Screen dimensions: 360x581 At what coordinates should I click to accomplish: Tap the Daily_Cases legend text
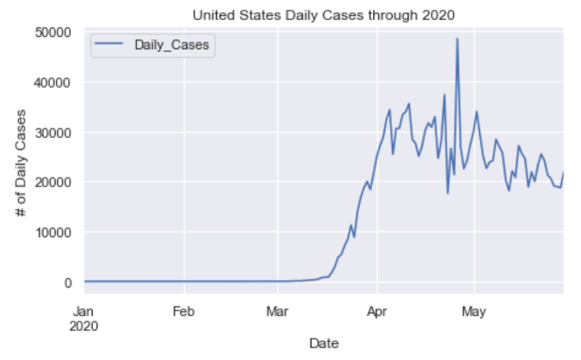point(172,46)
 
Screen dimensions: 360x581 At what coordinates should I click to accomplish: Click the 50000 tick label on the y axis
point(55,33)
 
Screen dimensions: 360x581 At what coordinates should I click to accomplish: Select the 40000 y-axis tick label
point(55,82)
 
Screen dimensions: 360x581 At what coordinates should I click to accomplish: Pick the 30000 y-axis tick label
point(55,132)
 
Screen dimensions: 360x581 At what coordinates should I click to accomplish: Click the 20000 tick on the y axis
point(55,182)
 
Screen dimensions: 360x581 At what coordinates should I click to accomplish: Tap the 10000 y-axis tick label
point(55,232)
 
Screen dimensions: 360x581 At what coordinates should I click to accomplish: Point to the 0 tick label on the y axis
point(69,282)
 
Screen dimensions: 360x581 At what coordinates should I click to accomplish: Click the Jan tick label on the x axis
point(85,313)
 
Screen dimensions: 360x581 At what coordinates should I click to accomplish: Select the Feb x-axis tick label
point(184,313)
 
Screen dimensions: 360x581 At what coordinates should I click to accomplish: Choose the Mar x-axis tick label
point(277,313)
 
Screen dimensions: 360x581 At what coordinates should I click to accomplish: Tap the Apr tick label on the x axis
point(376,313)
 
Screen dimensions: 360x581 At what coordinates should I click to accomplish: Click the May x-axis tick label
point(473,313)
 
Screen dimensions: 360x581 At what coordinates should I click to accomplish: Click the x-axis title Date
point(324,343)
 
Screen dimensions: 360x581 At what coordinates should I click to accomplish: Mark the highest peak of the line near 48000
point(457,38)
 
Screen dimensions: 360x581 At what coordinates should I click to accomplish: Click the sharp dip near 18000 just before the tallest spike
point(447,192)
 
